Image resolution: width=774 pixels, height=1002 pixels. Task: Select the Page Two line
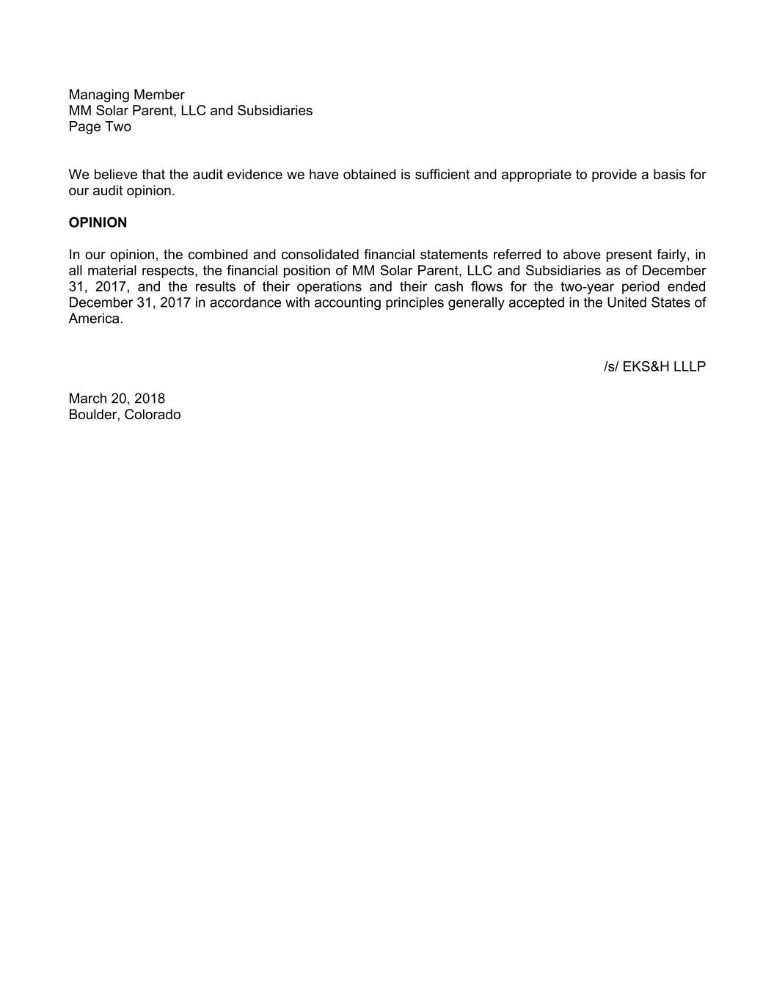pyautogui.click(x=100, y=126)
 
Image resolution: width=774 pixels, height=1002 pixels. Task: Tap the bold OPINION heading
pyautogui.click(x=98, y=222)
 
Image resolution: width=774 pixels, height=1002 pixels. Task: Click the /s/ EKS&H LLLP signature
pyautogui.click(x=654, y=366)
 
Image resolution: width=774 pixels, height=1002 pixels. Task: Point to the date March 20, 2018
pyautogui.click(x=117, y=399)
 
